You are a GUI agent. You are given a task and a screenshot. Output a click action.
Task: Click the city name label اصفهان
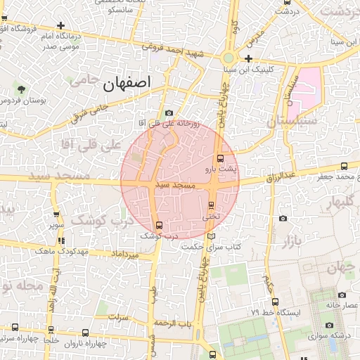[127, 84]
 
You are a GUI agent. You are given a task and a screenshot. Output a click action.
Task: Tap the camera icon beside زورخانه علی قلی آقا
[169, 113]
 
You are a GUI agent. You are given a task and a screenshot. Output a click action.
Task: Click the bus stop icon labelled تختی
[212, 205]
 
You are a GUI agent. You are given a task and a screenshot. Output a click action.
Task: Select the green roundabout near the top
[229, 58]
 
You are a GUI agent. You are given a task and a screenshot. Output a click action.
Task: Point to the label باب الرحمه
[174, 323]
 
